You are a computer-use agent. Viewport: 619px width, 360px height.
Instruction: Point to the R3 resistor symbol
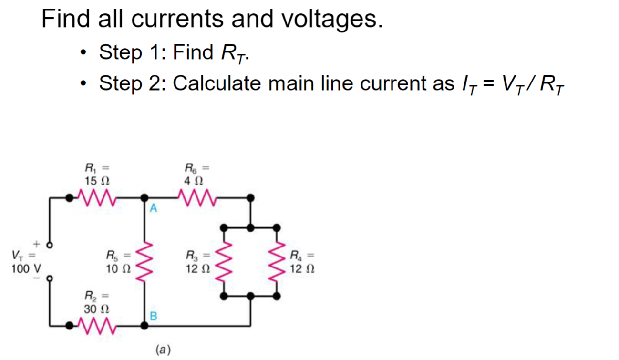point(224,261)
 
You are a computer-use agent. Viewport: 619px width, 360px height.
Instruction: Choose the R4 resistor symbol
point(278,261)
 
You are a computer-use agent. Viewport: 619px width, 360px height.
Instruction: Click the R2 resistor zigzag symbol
point(96,327)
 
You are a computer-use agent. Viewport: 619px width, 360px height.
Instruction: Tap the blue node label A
point(154,208)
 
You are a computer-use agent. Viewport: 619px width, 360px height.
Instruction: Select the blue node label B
point(154,315)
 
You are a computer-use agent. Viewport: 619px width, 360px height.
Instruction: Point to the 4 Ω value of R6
point(195,182)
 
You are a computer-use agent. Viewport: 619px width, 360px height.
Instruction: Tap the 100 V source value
point(26,268)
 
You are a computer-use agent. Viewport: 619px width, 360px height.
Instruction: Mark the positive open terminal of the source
point(50,246)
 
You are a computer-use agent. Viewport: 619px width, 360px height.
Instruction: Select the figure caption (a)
point(163,350)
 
